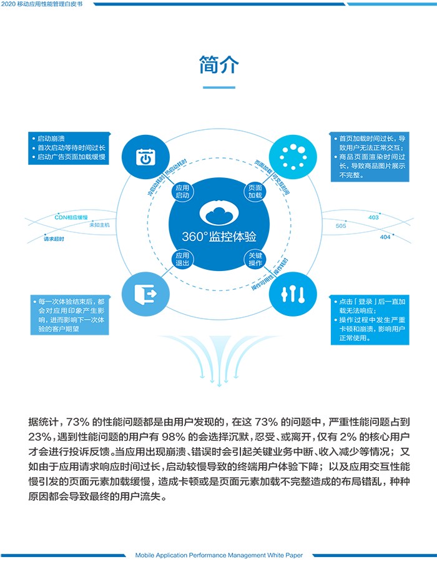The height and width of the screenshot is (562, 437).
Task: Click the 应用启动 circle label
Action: [x=182, y=191]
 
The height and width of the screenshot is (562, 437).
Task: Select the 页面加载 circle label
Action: [x=255, y=191]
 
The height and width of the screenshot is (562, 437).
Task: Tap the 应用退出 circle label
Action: [x=182, y=259]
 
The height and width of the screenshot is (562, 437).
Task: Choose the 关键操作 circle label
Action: [x=255, y=259]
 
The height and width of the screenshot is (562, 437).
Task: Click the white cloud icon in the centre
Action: [x=219, y=214]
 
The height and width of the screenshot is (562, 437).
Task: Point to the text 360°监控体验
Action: [x=219, y=237]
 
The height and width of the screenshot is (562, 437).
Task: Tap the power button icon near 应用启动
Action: [x=145, y=157]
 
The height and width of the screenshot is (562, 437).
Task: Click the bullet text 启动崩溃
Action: [x=51, y=139]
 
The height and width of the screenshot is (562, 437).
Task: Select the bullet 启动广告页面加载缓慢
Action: [x=71, y=157]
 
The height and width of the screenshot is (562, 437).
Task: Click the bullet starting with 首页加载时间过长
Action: [x=371, y=143]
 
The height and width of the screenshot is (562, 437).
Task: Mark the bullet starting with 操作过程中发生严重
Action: [x=372, y=330]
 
